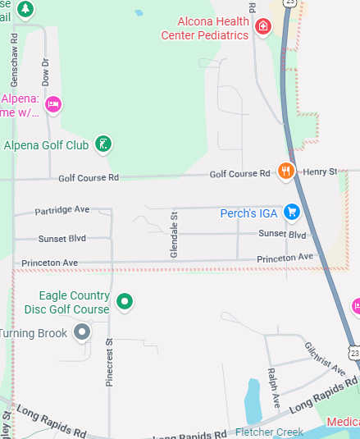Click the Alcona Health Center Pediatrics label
point(212,28)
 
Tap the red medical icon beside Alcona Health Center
point(263,26)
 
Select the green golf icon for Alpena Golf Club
point(103,145)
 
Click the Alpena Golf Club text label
point(47,145)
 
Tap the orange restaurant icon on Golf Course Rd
point(285,171)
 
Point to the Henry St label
point(320,171)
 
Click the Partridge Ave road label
point(62,211)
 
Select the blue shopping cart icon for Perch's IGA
point(290,213)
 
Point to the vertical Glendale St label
point(174,234)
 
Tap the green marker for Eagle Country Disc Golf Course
point(125,302)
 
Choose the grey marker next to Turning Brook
point(82,332)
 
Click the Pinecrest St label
point(109,362)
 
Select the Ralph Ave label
point(274,388)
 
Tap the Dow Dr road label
point(46,72)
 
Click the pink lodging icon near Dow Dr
point(53,104)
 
